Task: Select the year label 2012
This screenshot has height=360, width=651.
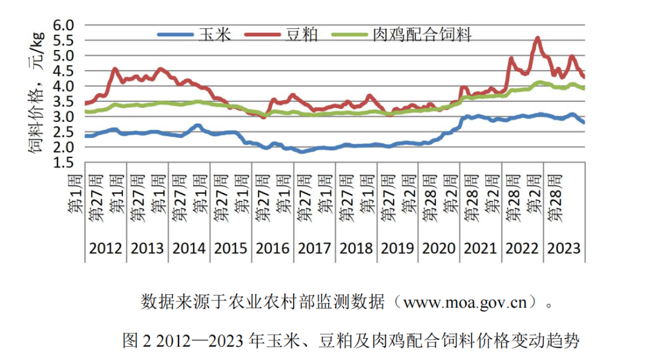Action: coord(105,248)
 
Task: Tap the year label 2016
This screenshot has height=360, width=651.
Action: coord(272,248)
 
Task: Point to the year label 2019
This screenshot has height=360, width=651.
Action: coord(397,248)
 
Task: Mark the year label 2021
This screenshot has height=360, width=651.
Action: coord(480,248)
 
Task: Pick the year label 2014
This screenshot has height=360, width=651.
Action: coord(189,248)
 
